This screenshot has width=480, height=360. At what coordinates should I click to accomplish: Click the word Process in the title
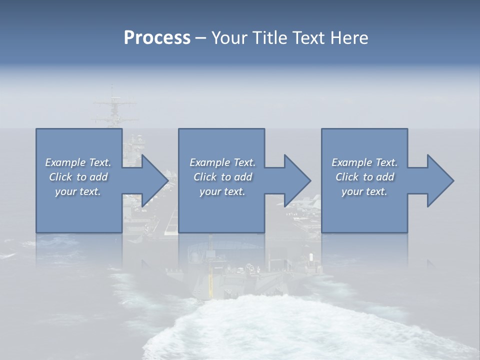pyautogui.click(x=157, y=38)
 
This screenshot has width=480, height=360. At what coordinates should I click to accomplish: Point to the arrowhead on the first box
pyautogui.click(x=152, y=180)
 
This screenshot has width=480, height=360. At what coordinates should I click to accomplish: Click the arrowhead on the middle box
pyautogui.click(x=295, y=180)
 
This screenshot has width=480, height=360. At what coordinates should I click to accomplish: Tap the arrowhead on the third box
pyautogui.click(x=438, y=180)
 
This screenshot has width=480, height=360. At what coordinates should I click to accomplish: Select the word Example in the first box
pyautogui.click(x=65, y=162)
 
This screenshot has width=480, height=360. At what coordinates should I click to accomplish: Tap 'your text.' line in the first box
pyautogui.click(x=78, y=191)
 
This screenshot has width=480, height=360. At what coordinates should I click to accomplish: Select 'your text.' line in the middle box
pyautogui.click(x=222, y=191)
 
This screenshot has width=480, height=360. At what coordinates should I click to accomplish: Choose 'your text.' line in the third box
pyautogui.click(x=364, y=191)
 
